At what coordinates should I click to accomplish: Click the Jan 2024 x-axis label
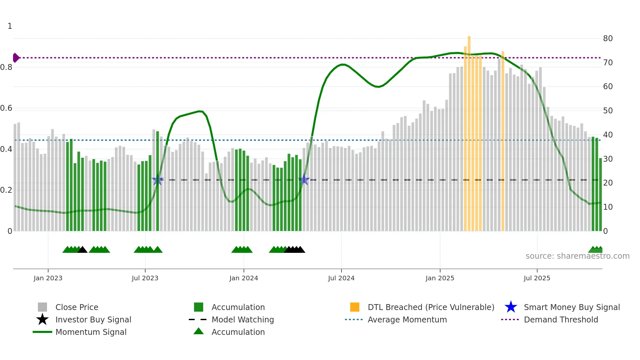point(244,278)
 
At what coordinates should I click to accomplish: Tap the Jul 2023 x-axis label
point(145,278)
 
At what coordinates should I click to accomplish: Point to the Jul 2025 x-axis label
point(537,278)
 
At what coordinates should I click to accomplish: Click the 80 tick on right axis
point(608,39)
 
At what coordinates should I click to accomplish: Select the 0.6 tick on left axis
point(6,108)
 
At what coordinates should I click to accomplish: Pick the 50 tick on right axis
point(608,111)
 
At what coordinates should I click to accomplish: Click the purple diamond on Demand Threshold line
point(16,58)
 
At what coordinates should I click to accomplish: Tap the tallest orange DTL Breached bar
point(469,131)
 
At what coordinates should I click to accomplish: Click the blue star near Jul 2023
point(158,180)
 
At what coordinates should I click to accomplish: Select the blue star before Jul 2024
point(304,180)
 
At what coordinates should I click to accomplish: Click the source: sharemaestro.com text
point(577,256)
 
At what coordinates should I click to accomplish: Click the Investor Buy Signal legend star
point(42,319)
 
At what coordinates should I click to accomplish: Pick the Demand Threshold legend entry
point(561,319)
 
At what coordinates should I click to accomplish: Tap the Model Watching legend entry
point(242,319)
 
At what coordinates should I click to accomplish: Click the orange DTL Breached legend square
point(355,307)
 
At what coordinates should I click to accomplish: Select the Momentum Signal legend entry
point(91,332)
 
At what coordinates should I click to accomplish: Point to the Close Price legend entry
point(76,307)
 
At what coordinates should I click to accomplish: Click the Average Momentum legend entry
point(407,319)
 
